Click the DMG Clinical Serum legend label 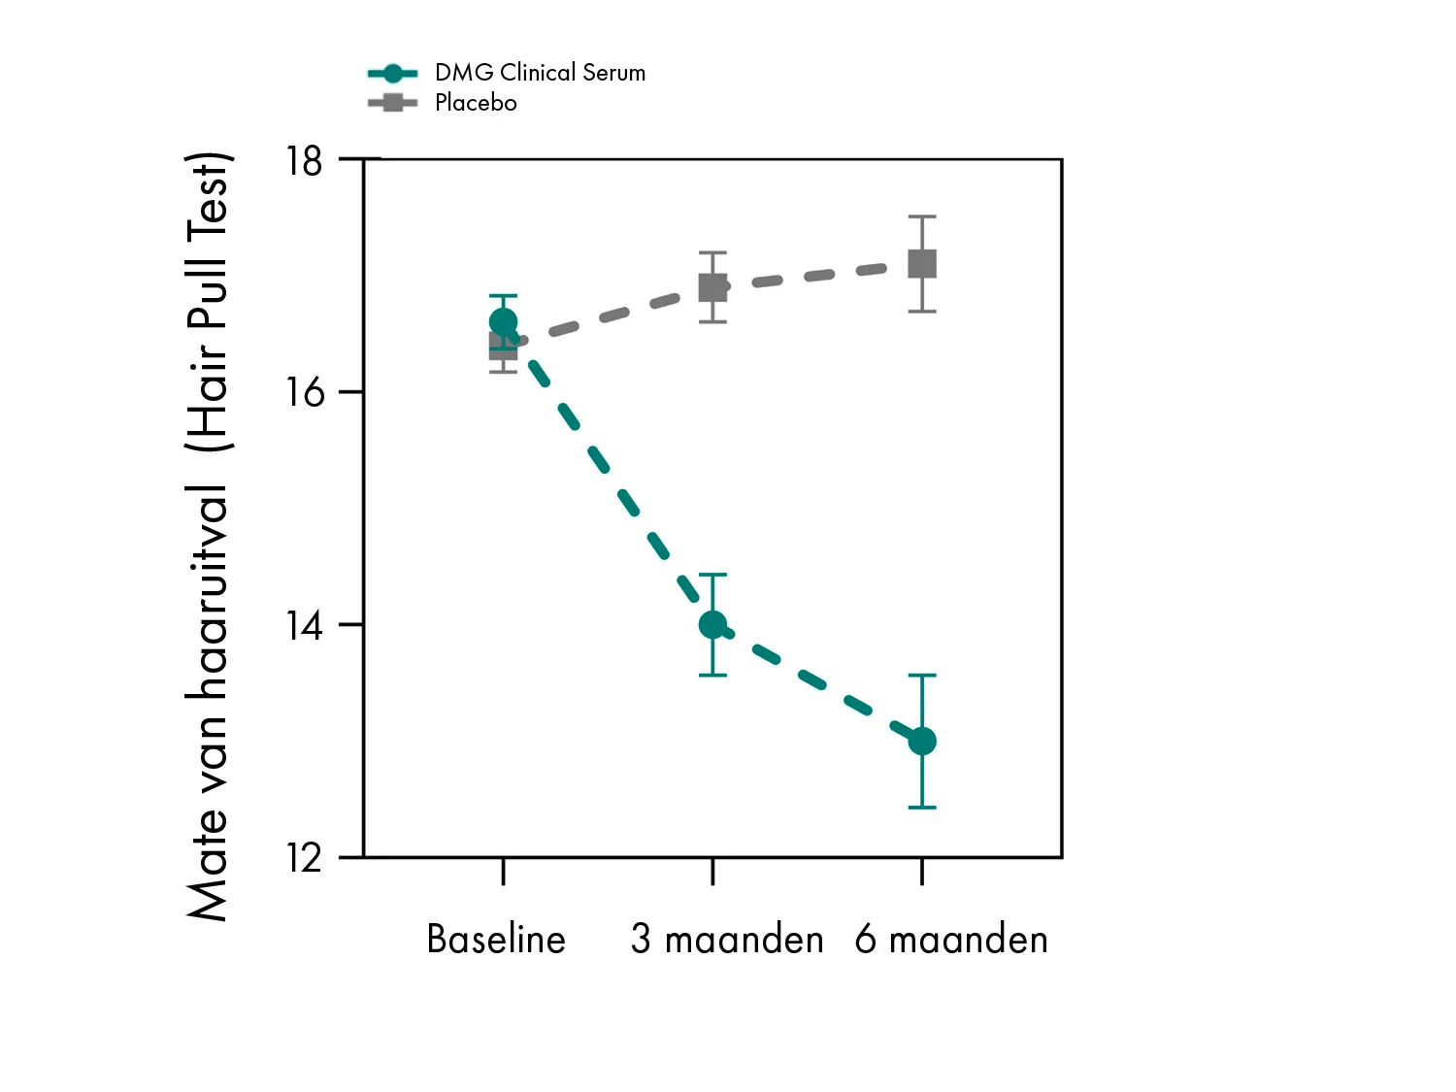pos(540,73)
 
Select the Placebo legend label pos(476,103)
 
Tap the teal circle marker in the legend pos(392,73)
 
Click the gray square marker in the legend pos(392,103)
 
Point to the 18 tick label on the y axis pos(304,161)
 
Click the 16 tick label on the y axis pos(304,392)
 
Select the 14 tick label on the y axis pos(304,625)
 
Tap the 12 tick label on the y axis pos(304,858)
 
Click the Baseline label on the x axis pos(496,940)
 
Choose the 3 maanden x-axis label pos(727,940)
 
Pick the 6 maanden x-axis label pos(951,940)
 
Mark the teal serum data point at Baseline pos(503,321)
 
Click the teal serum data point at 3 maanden pos(712,625)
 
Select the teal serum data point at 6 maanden pos(922,742)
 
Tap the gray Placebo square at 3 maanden pos(712,287)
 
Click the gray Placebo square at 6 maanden pos(922,264)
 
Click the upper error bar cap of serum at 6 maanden pos(922,675)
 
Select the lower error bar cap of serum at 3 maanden pos(712,675)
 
